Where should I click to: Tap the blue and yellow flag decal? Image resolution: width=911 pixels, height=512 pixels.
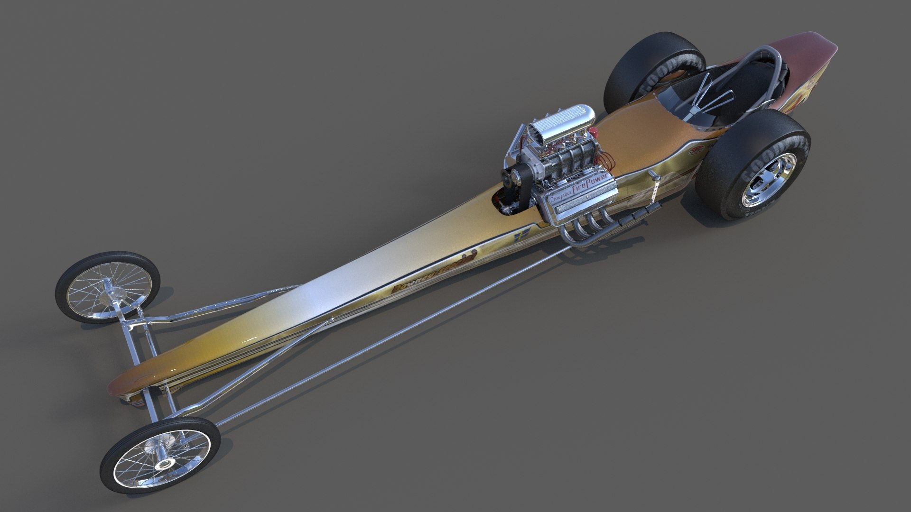coord(521,235)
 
